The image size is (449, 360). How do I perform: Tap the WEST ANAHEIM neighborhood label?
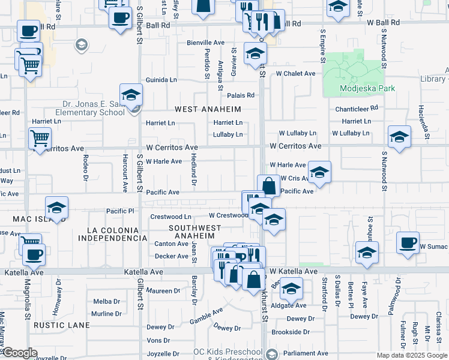pos(208,109)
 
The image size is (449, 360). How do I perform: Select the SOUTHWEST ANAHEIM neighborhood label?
pos(194,232)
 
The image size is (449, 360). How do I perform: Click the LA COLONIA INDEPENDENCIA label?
pos(117,234)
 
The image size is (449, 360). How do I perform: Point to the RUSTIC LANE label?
pos(62,326)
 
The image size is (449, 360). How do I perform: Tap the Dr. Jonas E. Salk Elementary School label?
pos(90,108)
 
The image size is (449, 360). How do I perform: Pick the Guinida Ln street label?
pos(161,80)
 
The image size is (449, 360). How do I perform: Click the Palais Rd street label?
pos(241,95)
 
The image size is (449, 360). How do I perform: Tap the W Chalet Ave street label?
pos(295,74)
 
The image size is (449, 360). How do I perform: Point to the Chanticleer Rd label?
pos(357,108)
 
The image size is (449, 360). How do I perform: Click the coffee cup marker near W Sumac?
pos(408,243)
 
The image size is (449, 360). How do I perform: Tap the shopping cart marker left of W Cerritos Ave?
pos(40,139)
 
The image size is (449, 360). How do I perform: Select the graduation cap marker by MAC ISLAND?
pos(56,208)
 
